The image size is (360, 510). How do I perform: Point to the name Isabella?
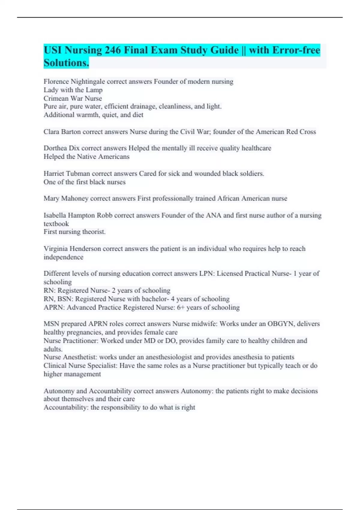55,215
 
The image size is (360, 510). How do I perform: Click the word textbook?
56,224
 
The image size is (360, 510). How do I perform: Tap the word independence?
63,257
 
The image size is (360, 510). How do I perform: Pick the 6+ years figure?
181,307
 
